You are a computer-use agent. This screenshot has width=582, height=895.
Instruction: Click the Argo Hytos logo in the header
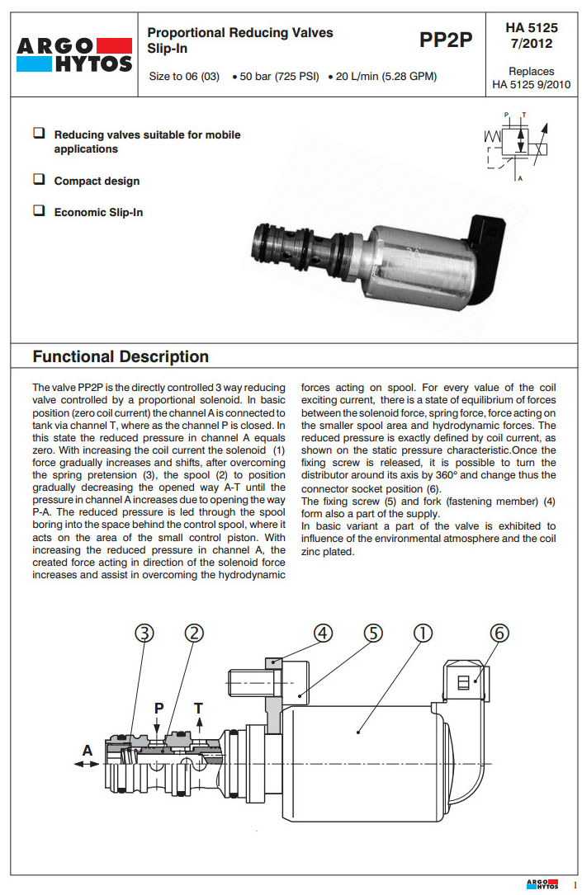(x=73, y=53)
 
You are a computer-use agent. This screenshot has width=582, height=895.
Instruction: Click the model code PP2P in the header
(x=446, y=40)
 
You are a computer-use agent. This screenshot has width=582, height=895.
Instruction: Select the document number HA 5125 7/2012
(x=531, y=35)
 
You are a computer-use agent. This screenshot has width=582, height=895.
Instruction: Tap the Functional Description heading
(x=121, y=357)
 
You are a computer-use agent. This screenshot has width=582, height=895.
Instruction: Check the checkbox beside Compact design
(x=38, y=180)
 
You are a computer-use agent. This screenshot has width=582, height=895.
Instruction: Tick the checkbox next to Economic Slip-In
(x=38, y=211)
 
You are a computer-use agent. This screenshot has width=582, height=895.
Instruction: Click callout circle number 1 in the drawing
(x=422, y=633)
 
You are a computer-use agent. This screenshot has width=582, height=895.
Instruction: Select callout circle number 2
(x=194, y=633)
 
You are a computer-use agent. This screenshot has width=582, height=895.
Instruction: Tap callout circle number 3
(x=144, y=633)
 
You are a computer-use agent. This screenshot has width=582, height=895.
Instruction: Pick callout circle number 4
(x=324, y=633)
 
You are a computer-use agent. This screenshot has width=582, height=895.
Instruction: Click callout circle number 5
(x=373, y=633)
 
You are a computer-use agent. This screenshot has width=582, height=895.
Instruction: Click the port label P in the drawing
(x=159, y=708)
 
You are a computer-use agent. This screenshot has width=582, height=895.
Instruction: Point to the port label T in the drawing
(x=198, y=708)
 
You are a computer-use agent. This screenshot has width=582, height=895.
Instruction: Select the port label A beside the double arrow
(x=87, y=750)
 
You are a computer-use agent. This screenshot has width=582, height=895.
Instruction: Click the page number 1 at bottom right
(x=575, y=884)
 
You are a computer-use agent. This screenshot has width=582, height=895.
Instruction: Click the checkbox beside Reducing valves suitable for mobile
(x=38, y=133)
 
